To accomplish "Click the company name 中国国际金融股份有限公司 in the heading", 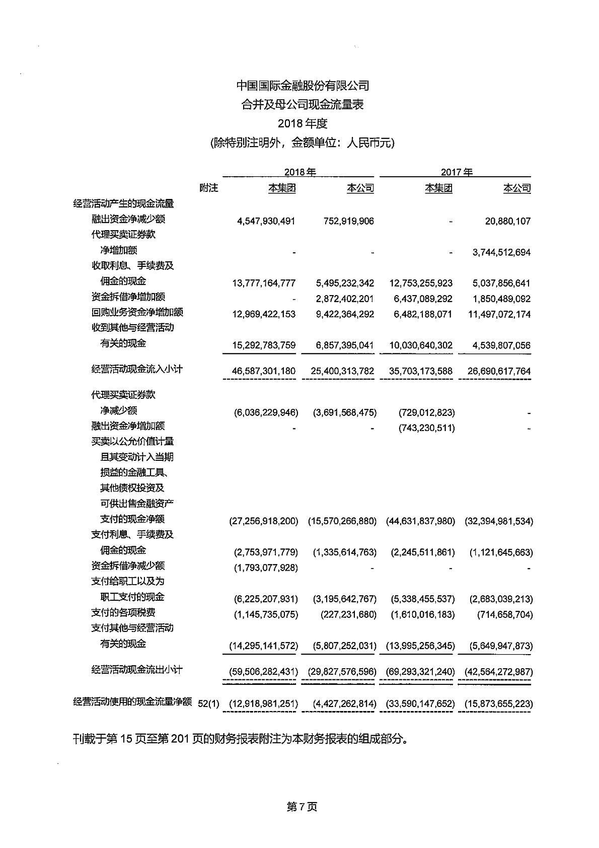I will click(303, 86).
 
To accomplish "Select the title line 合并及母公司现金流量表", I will click(303, 105).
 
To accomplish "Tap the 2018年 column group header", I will click(300, 172).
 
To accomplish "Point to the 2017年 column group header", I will click(457, 172).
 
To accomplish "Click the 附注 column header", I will click(209, 188).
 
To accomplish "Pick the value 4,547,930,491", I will click(266, 221).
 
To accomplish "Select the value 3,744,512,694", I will click(501, 252).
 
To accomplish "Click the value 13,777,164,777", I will click(264, 284).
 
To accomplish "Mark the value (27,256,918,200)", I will click(263, 521).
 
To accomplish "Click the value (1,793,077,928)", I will click(266, 568).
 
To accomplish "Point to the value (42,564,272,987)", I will click(498, 672).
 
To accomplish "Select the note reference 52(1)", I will click(208, 703).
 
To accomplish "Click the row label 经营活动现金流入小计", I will click(137, 370).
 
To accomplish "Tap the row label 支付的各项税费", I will click(123, 612).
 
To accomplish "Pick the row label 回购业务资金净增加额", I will click(137, 312).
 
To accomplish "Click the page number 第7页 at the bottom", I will click(302, 807).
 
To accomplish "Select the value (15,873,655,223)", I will click(498, 703).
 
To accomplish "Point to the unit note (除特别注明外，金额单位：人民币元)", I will click(303, 143).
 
